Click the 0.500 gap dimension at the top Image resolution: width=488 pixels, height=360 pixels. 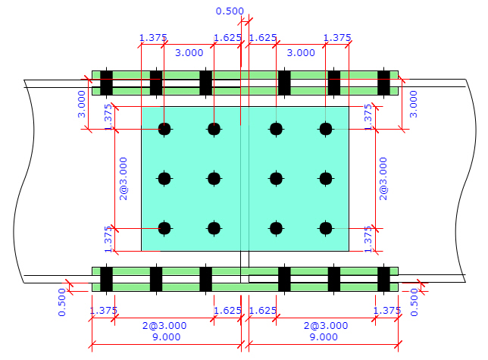230,11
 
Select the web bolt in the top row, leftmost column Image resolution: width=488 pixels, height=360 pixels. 164,129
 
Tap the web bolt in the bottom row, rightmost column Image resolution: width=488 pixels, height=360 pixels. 326,228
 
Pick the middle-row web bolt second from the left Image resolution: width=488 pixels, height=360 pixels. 214,179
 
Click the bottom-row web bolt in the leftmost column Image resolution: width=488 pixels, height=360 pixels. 164,228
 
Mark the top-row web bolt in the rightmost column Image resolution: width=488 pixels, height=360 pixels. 326,129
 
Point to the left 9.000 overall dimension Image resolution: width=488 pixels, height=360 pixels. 167,337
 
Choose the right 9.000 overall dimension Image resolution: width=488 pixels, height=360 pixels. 324,337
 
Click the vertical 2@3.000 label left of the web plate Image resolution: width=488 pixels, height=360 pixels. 124,179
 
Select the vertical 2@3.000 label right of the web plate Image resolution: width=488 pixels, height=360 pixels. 383,179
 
